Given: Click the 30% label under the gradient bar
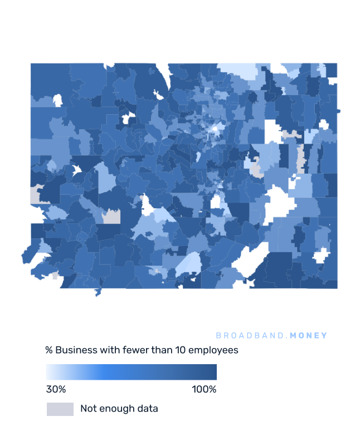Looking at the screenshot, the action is click(56, 389).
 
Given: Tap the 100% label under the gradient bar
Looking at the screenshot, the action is click(204, 389).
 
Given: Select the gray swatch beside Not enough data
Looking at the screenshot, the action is click(60, 409).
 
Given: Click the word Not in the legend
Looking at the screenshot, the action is click(88, 409).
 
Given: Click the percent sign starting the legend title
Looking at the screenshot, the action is click(49, 350).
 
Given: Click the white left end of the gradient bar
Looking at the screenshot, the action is click(50, 372).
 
